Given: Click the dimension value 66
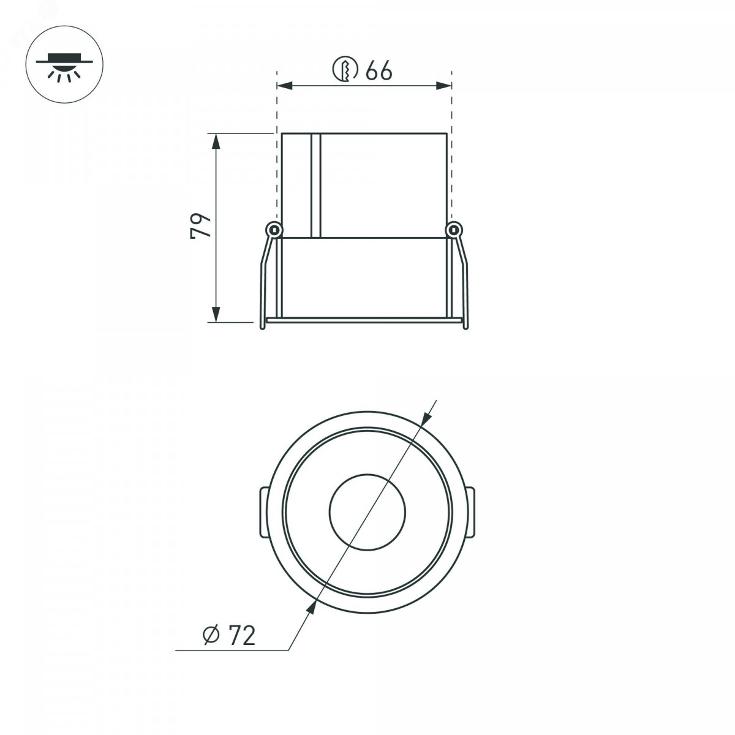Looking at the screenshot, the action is pos(379,70).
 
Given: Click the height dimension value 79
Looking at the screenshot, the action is pos(201,226).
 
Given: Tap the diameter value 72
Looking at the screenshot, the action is pos(242,635).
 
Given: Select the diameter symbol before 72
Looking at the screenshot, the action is pos(211,635).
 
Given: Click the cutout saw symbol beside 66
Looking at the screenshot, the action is pos(345,69).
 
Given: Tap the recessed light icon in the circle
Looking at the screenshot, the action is pos(64,67).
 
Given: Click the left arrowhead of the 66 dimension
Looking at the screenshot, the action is pos(285,86).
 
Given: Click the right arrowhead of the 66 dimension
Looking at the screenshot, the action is pos(444,86).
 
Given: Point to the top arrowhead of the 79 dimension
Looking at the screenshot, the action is pos(216,141).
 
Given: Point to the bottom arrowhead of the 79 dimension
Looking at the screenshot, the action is pos(216,314).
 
